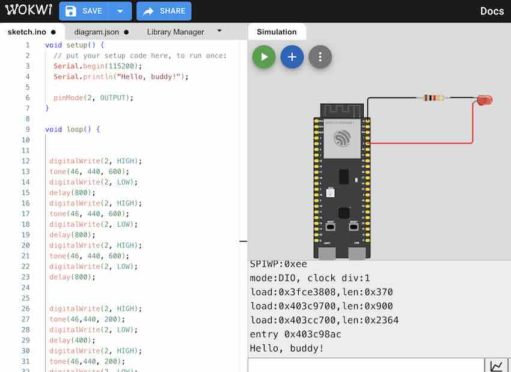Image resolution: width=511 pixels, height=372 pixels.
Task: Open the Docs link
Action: pyautogui.click(x=492, y=11)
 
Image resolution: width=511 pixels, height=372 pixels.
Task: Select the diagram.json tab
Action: pyautogui.click(x=100, y=32)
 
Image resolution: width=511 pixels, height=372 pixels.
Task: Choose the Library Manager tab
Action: pyautogui.click(x=175, y=32)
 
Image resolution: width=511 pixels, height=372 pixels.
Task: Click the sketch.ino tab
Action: pyautogui.click(x=27, y=32)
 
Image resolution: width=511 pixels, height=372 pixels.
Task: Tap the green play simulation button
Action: pyautogui.click(x=264, y=57)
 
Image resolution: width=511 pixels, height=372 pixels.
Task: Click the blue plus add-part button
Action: pyautogui.click(x=292, y=57)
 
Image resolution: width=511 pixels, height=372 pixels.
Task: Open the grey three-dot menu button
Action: pyautogui.click(x=320, y=57)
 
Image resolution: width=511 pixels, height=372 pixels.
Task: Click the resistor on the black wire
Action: pyautogui.click(x=433, y=97)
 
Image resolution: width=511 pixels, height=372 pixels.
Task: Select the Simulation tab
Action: pyautogui.click(x=277, y=32)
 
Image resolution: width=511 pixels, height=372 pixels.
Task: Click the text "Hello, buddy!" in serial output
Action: pyautogui.click(x=287, y=349)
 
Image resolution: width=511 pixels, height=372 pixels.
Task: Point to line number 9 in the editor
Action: pyautogui.click(x=28, y=129)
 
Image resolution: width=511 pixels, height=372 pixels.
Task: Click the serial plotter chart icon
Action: pyautogui.click(x=497, y=365)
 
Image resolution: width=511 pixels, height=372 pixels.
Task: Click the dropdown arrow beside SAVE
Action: pyautogui.click(x=120, y=11)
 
